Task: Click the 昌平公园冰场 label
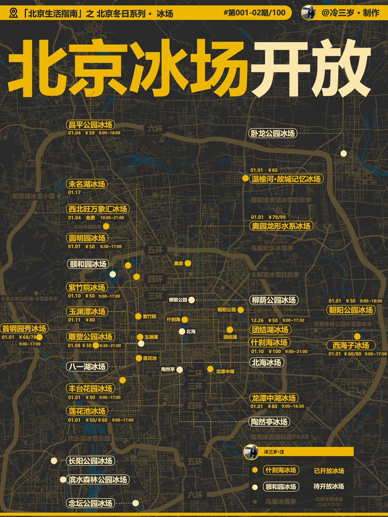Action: [x=91, y=125]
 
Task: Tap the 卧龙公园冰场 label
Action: [x=273, y=134]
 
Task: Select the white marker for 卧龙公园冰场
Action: [x=343, y=154]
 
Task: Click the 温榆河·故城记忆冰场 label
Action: [x=286, y=179]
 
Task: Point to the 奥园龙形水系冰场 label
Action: [x=281, y=226]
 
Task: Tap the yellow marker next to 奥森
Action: [x=188, y=263]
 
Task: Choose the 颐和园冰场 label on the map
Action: [x=88, y=264]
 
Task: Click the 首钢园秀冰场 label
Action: [x=24, y=329]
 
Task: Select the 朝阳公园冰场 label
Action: [x=351, y=310]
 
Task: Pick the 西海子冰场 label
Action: [x=351, y=345]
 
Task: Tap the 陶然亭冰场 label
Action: [x=269, y=422]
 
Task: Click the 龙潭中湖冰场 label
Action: [x=274, y=398]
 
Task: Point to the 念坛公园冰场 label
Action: [x=90, y=503]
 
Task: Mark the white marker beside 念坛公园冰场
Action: [x=135, y=503]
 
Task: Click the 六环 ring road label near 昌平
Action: [x=155, y=129]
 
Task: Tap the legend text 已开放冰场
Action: [x=329, y=471]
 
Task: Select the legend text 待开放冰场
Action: [x=329, y=486]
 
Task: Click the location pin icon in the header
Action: [x=14, y=13]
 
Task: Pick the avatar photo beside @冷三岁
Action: [x=308, y=13]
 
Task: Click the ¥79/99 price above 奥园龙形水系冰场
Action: [x=277, y=217]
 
